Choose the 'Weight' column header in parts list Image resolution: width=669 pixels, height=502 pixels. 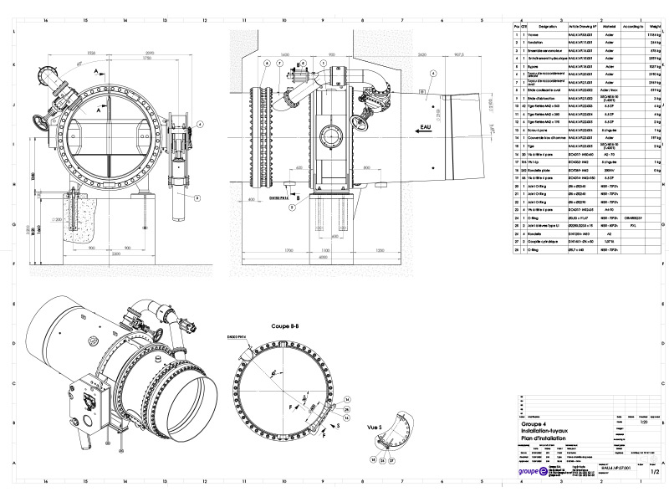(656, 27)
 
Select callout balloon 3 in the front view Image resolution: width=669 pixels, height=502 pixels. (197, 197)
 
